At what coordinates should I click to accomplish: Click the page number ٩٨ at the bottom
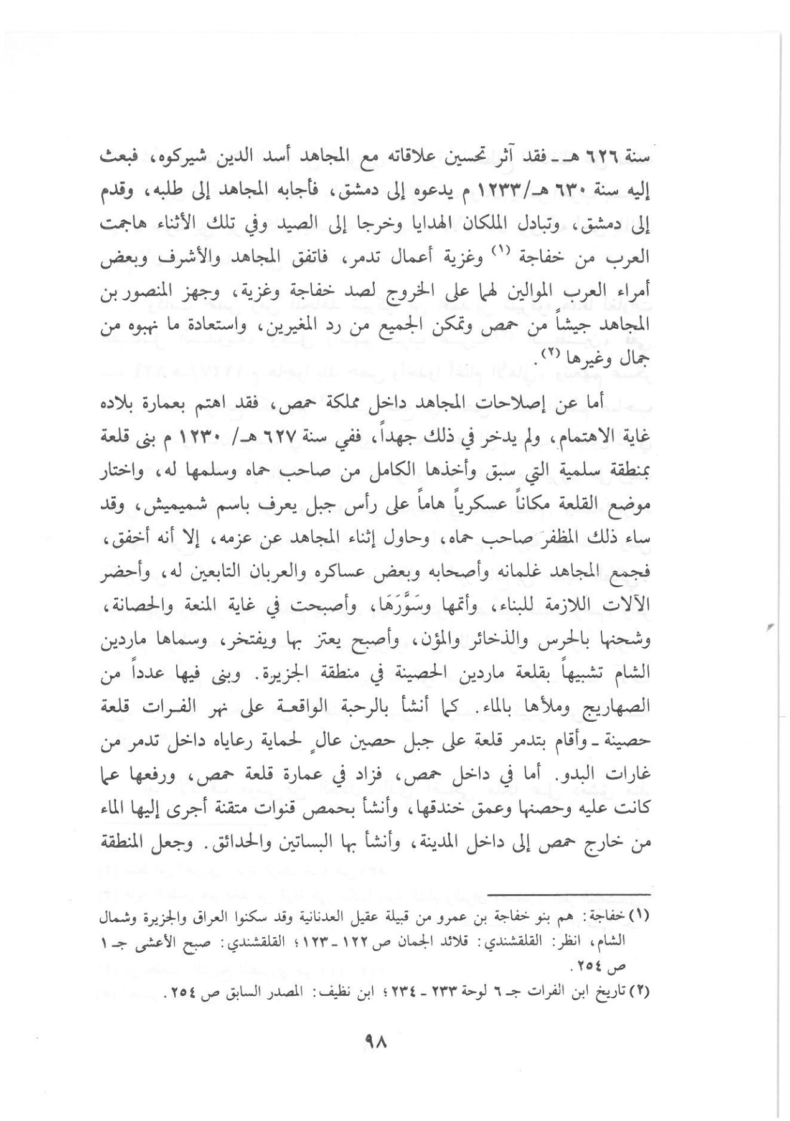tap(377, 1041)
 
